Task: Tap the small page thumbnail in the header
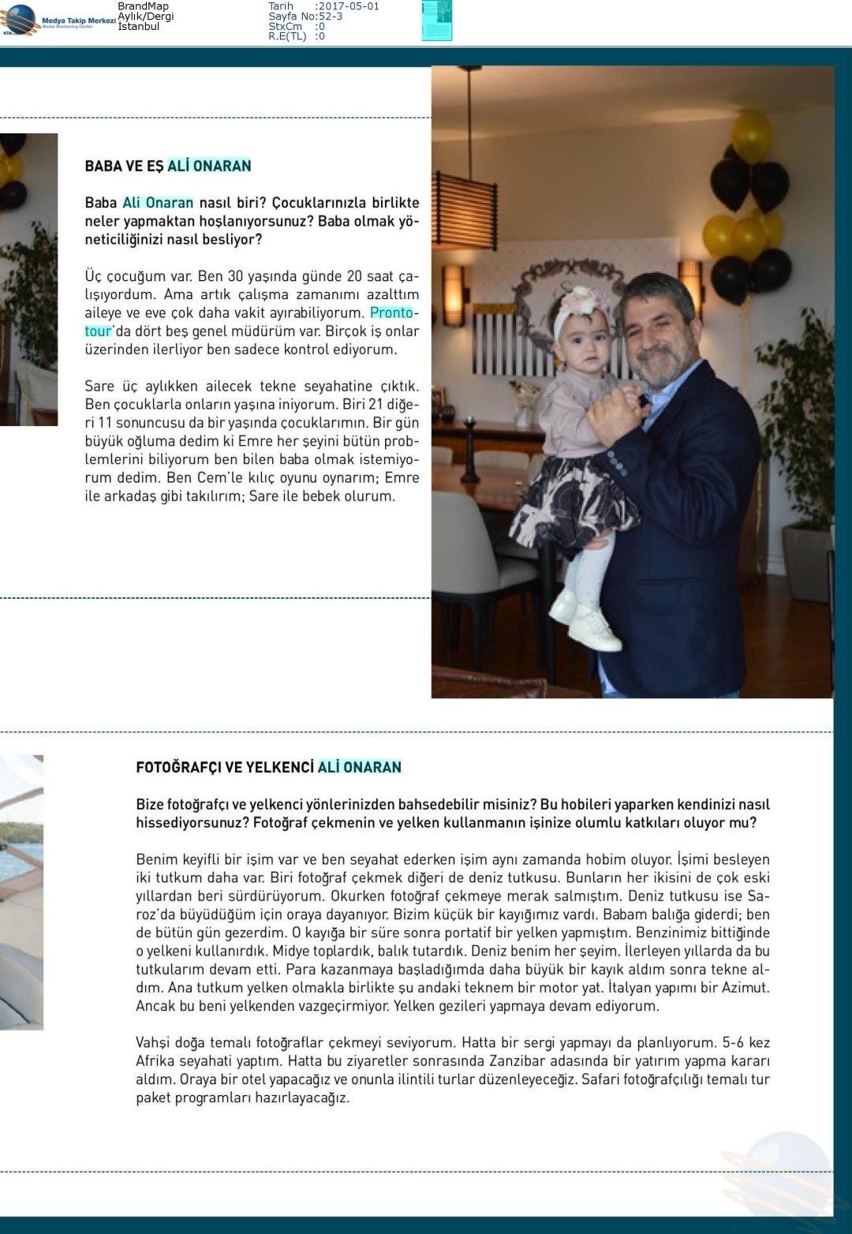[x=436, y=21]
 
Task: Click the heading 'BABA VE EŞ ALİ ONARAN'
[x=168, y=166]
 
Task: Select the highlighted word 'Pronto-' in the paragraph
[x=394, y=312]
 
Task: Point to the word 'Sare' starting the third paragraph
[x=99, y=386]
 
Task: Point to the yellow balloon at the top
[x=750, y=136]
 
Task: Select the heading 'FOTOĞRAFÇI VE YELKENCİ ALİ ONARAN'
[x=268, y=767]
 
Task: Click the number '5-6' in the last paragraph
[x=733, y=1042]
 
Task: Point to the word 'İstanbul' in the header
[x=139, y=27]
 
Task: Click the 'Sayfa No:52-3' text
[x=305, y=17]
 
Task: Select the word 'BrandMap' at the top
[x=143, y=6]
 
